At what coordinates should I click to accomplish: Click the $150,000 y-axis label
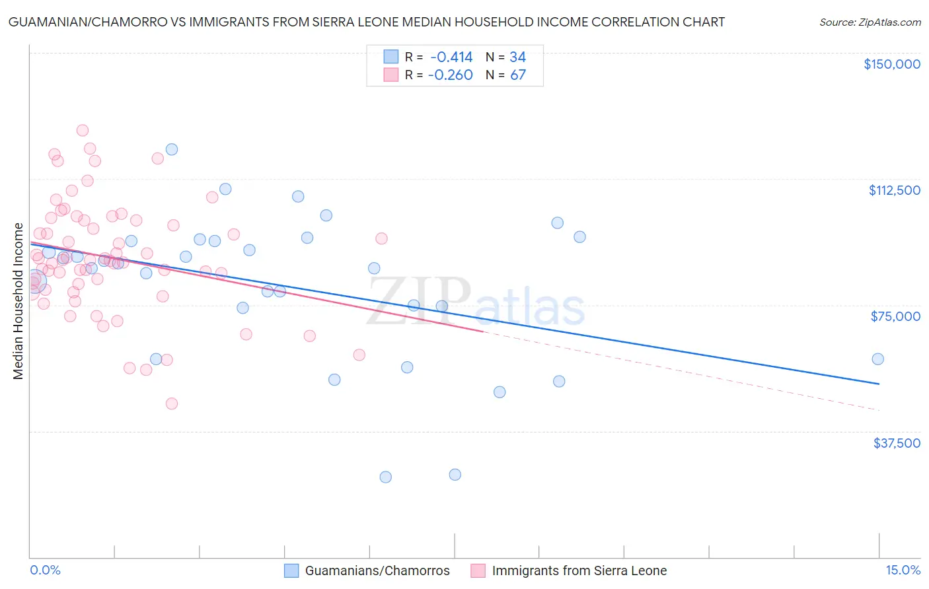(891, 64)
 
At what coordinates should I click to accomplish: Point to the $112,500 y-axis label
(894, 190)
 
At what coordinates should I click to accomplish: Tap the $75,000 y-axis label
(895, 316)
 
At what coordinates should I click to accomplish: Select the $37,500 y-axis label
(897, 443)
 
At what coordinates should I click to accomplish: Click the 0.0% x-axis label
(45, 571)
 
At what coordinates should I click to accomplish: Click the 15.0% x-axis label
(903, 571)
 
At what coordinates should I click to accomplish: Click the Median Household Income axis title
(19, 301)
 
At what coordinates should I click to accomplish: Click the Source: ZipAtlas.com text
(870, 22)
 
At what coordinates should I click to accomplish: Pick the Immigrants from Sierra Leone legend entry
(579, 571)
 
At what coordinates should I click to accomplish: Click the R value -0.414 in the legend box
(451, 57)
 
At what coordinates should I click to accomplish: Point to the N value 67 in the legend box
(518, 75)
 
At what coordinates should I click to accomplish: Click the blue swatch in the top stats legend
(391, 57)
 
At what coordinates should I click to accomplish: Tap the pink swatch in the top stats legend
(391, 75)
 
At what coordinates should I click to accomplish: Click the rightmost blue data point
(877, 359)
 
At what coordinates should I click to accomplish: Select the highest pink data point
(83, 130)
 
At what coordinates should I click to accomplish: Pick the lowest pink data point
(172, 403)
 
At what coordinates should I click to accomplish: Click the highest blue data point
(172, 149)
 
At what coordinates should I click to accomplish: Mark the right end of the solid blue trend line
(879, 384)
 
